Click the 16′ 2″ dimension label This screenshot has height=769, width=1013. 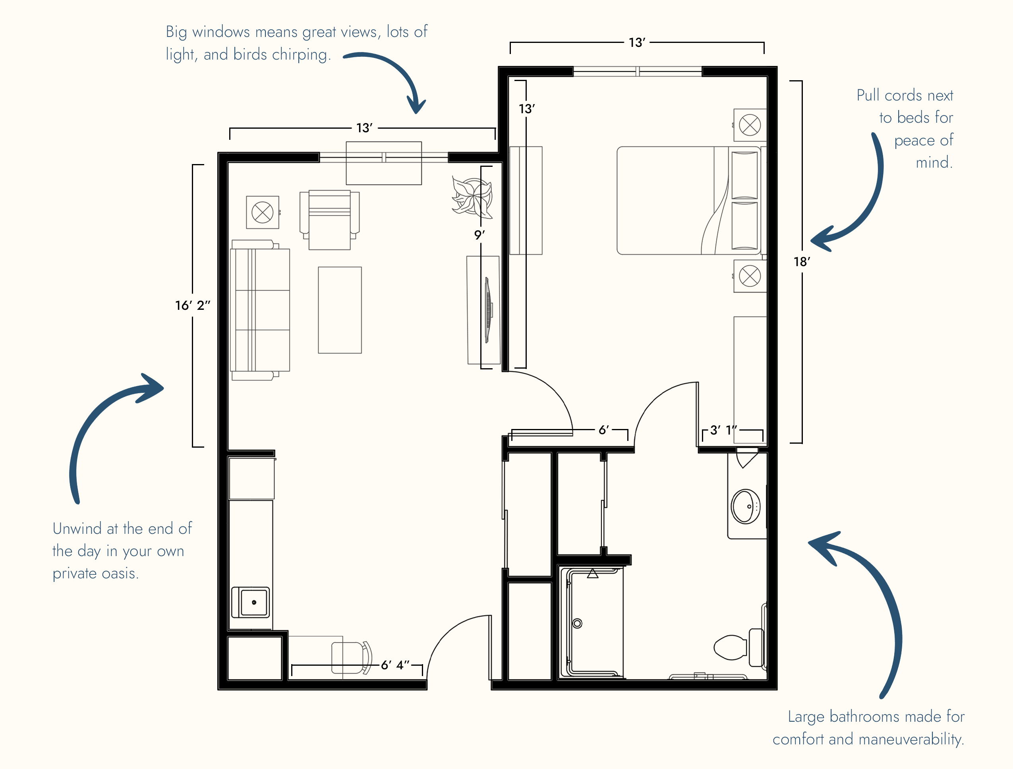tap(192, 305)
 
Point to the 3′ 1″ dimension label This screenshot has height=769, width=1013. tap(723, 430)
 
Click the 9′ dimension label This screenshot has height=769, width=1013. tap(479, 235)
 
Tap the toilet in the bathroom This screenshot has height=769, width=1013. tap(738, 647)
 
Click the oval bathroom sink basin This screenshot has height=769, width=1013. tap(746, 506)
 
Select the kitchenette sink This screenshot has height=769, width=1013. tap(251, 602)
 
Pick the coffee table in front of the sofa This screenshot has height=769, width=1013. tap(340, 310)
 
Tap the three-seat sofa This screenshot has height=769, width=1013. tap(260, 310)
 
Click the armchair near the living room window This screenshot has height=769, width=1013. tap(329, 220)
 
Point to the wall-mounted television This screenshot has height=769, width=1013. tap(488, 310)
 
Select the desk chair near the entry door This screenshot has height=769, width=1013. tap(352, 658)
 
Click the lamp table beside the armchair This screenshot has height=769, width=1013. tap(263, 213)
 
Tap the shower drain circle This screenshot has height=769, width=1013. tap(578, 623)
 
